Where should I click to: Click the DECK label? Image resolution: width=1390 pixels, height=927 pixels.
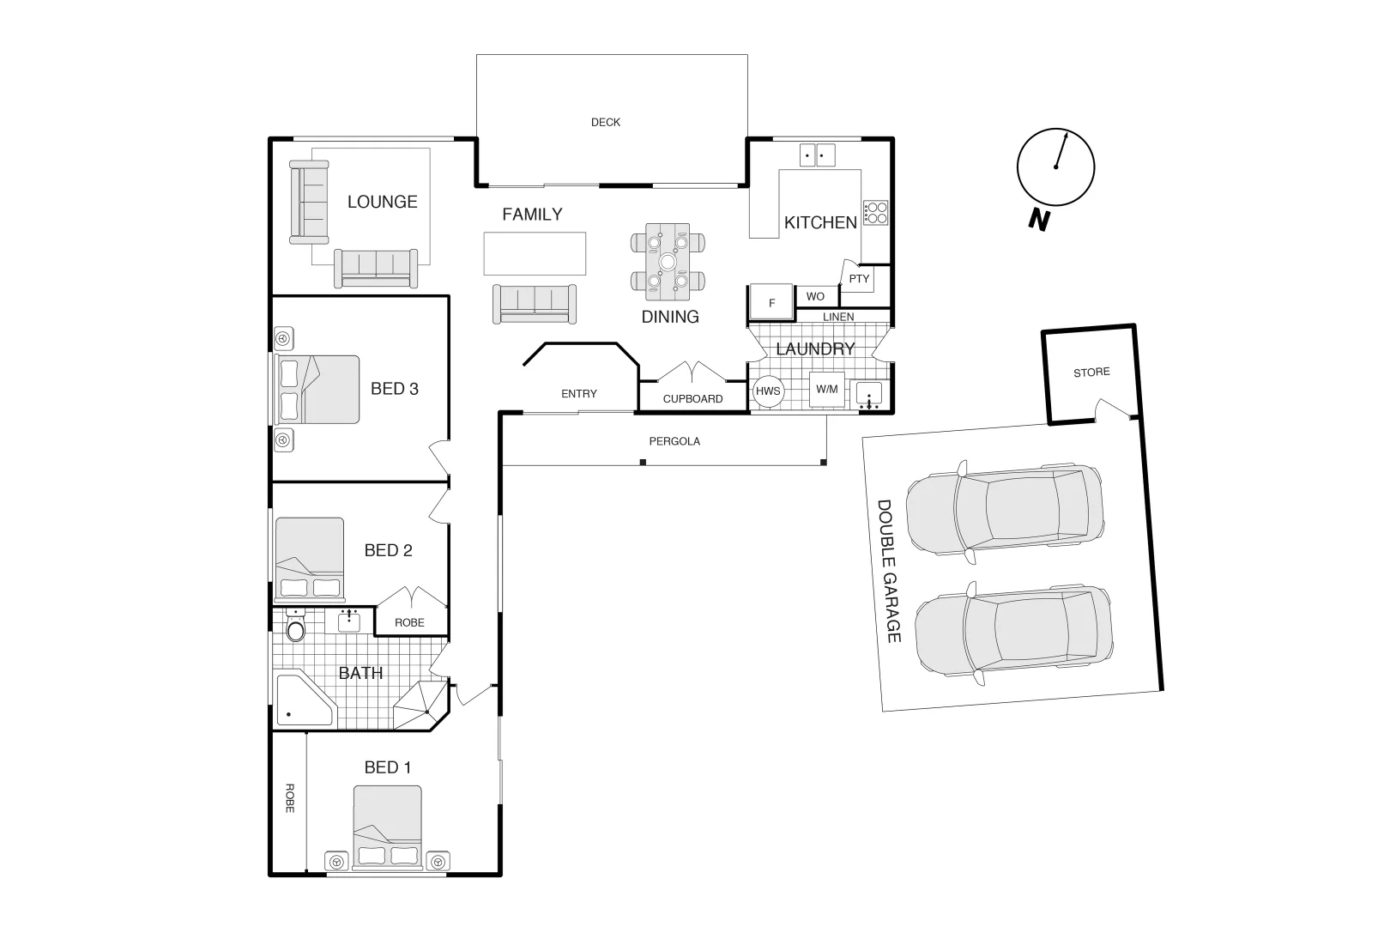(606, 122)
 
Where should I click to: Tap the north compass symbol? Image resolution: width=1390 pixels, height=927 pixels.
(1055, 167)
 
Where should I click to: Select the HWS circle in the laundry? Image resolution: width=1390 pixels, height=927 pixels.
(768, 391)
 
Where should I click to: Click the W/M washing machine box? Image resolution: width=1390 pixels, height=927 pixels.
(827, 390)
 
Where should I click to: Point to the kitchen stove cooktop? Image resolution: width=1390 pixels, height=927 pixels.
(875, 212)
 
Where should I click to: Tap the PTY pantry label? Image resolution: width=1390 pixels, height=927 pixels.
(859, 279)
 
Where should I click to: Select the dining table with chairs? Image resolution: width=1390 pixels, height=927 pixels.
(668, 261)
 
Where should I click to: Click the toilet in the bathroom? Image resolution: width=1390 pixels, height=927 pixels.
(295, 628)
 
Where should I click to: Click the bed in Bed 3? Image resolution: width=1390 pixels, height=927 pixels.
(317, 389)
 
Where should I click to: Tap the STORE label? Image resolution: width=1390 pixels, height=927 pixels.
(1091, 373)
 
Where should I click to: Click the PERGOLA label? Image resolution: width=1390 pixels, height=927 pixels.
(674, 441)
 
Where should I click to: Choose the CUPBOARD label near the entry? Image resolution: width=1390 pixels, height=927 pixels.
(692, 399)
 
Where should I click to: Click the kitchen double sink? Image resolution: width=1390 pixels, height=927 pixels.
(817, 155)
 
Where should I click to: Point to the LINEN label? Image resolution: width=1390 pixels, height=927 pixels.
(838, 317)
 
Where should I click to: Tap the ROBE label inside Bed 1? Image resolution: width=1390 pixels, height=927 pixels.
(289, 798)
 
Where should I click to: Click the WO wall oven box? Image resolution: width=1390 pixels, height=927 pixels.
(816, 297)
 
